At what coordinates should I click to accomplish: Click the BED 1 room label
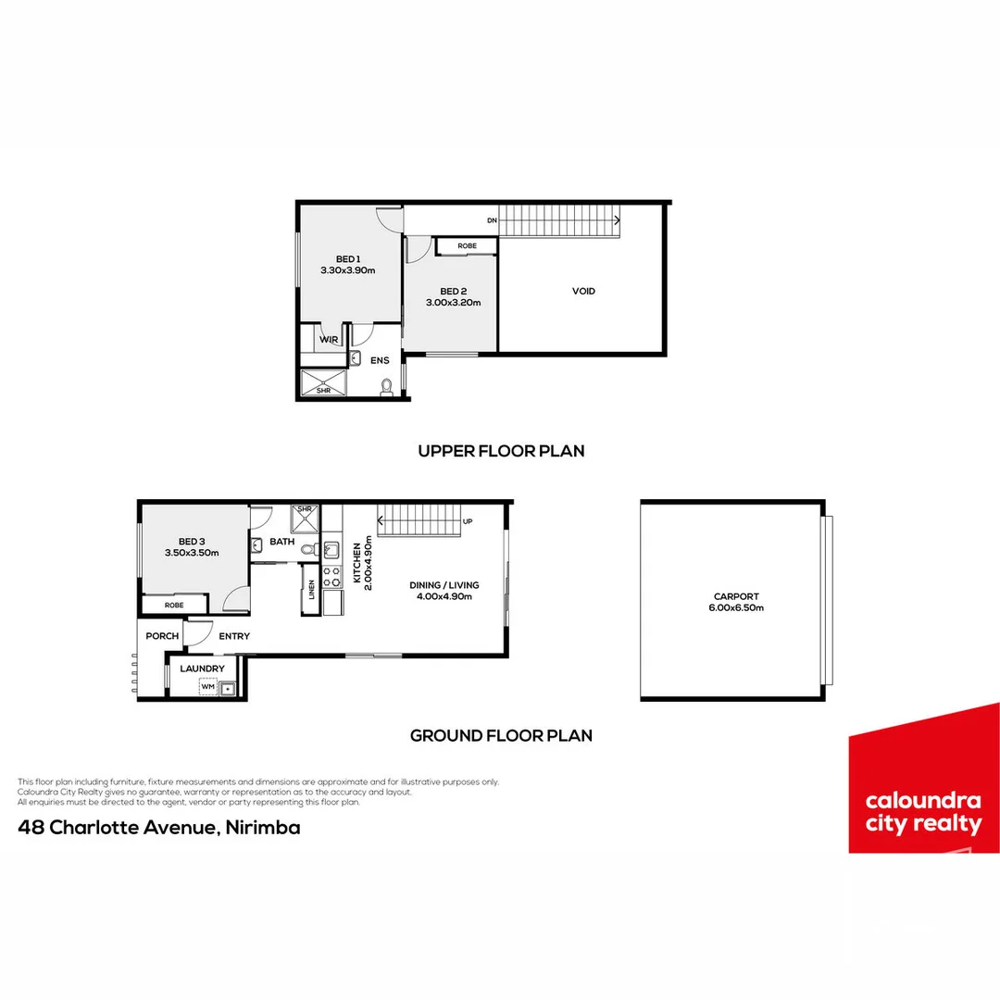(347, 258)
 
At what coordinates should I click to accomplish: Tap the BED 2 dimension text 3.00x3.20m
(453, 302)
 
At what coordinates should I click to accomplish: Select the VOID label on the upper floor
(583, 291)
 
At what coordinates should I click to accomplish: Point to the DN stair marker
(493, 220)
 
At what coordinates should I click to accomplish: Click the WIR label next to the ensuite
(328, 340)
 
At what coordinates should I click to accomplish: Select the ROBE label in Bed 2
(467, 246)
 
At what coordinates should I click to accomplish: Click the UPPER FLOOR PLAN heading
(501, 451)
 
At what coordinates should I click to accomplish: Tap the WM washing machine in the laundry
(208, 687)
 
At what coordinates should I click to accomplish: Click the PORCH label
(162, 636)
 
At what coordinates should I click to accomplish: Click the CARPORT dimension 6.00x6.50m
(738, 607)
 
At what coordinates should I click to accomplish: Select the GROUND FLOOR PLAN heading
(501, 736)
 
